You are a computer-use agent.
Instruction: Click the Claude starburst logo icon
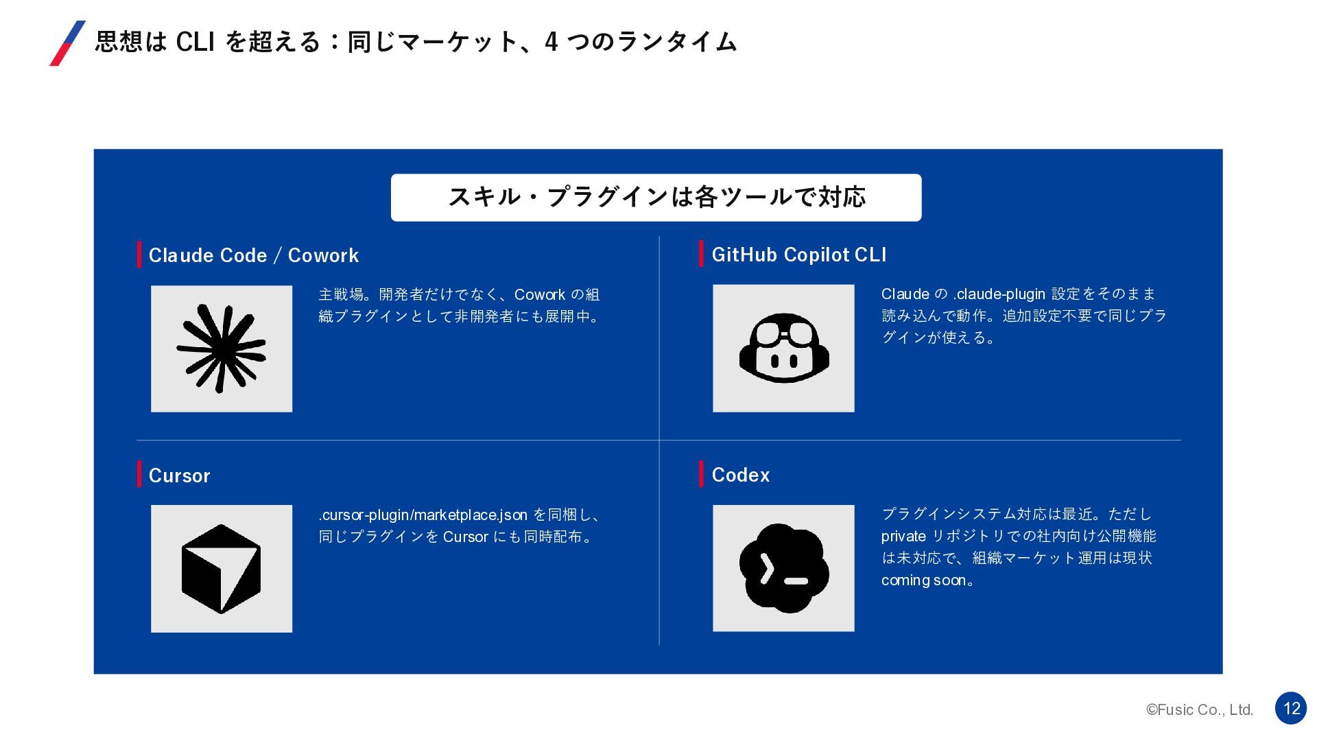pos(221,349)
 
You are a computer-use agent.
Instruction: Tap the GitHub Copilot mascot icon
pos(783,349)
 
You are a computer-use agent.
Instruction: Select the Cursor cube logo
pos(221,569)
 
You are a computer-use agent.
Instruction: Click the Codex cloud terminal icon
pos(783,569)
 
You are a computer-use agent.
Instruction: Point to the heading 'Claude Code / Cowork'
pos(253,255)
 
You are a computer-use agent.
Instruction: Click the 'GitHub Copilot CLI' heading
pos(798,255)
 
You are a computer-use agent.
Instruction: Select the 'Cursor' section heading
pos(179,475)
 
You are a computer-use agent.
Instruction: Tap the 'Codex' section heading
pos(740,475)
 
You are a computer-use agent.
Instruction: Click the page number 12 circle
pos(1291,708)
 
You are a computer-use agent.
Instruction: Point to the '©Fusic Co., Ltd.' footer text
pos(1199,710)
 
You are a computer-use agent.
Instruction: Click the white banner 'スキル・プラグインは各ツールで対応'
pos(656,198)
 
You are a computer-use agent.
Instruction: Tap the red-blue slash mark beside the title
pos(67,43)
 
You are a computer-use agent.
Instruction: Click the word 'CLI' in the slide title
pos(196,43)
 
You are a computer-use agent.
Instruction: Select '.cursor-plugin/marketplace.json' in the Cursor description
pos(423,515)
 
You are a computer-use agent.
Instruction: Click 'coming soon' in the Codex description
pos(923,580)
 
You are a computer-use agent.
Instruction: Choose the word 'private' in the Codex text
pos(903,537)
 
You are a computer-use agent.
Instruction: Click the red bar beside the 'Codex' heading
pos(701,474)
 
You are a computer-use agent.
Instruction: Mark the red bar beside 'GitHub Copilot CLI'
pos(701,254)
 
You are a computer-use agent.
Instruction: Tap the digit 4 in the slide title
pos(551,43)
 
